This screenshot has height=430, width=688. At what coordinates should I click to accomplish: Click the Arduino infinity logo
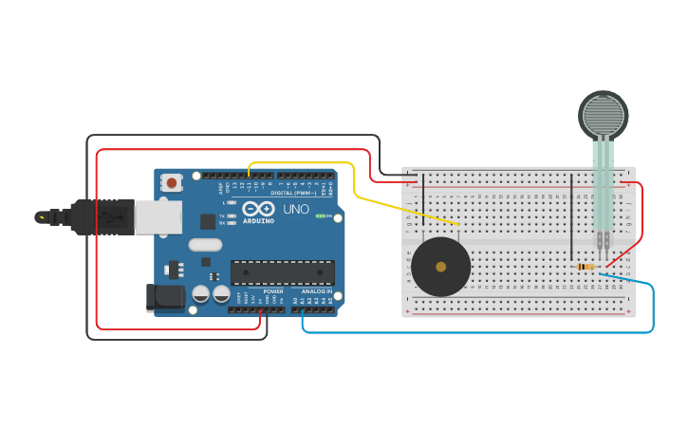point(257,209)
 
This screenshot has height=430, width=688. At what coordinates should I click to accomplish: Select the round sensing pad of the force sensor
point(604,116)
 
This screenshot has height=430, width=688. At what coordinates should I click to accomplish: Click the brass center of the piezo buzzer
point(440,267)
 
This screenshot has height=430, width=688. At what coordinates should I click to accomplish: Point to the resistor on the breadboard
point(586,267)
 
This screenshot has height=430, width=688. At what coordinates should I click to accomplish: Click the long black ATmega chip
point(282,272)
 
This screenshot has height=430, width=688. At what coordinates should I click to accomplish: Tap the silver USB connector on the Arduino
point(158,217)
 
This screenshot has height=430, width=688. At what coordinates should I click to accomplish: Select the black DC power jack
point(165,297)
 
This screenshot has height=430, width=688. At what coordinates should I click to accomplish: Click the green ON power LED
point(320,216)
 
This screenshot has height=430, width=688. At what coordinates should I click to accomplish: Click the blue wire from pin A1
point(474,332)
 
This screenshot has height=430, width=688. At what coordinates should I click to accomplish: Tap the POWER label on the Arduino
point(273,291)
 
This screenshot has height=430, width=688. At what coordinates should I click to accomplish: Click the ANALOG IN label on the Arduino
point(317,291)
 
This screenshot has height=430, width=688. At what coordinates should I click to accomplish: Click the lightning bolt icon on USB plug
point(41,217)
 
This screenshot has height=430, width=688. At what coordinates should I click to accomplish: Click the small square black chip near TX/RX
point(208,221)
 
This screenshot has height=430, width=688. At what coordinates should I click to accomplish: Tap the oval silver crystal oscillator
point(204,245)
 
